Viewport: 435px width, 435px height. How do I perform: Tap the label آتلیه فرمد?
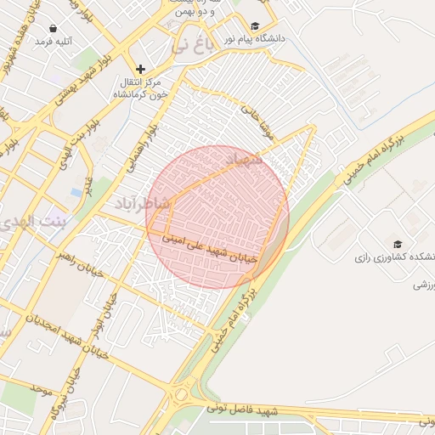[x=54, y=42]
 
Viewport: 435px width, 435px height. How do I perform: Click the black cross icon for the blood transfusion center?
[x=141, y=69]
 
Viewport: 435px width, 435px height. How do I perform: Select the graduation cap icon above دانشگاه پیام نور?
[x=256, y=26]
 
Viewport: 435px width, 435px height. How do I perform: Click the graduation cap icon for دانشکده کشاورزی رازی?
[x=398, y=244]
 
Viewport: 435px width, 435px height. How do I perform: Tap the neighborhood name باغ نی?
[x=189, y=45]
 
